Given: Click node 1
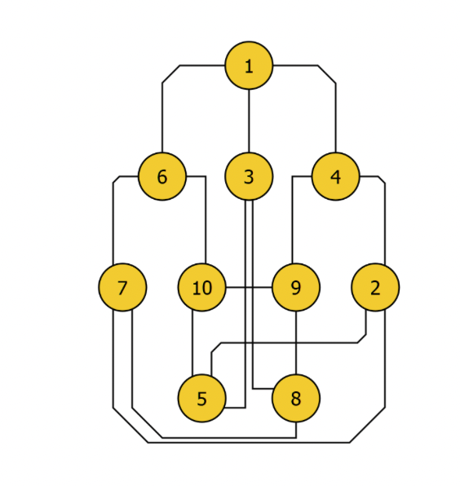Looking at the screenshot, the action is coord(249,65).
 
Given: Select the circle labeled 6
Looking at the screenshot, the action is coord(162,176).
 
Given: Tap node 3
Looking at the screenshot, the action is coord(249,176).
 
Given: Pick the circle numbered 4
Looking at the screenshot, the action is coord(336,176).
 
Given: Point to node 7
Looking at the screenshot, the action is coord(122,287).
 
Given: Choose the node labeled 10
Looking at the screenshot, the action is coord(201,287).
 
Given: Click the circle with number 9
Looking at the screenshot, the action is coord(296,287).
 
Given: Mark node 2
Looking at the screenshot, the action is coord(375,287).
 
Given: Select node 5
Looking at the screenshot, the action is coord(201,398).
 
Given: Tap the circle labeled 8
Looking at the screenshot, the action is coord(296,398).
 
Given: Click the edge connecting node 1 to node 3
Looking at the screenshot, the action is coord(249,121).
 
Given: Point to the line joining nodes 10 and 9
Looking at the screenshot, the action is coord(249,287).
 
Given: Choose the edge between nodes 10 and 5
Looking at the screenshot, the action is coord(192,342).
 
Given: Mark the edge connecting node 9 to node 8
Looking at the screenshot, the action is coord(296,342).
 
